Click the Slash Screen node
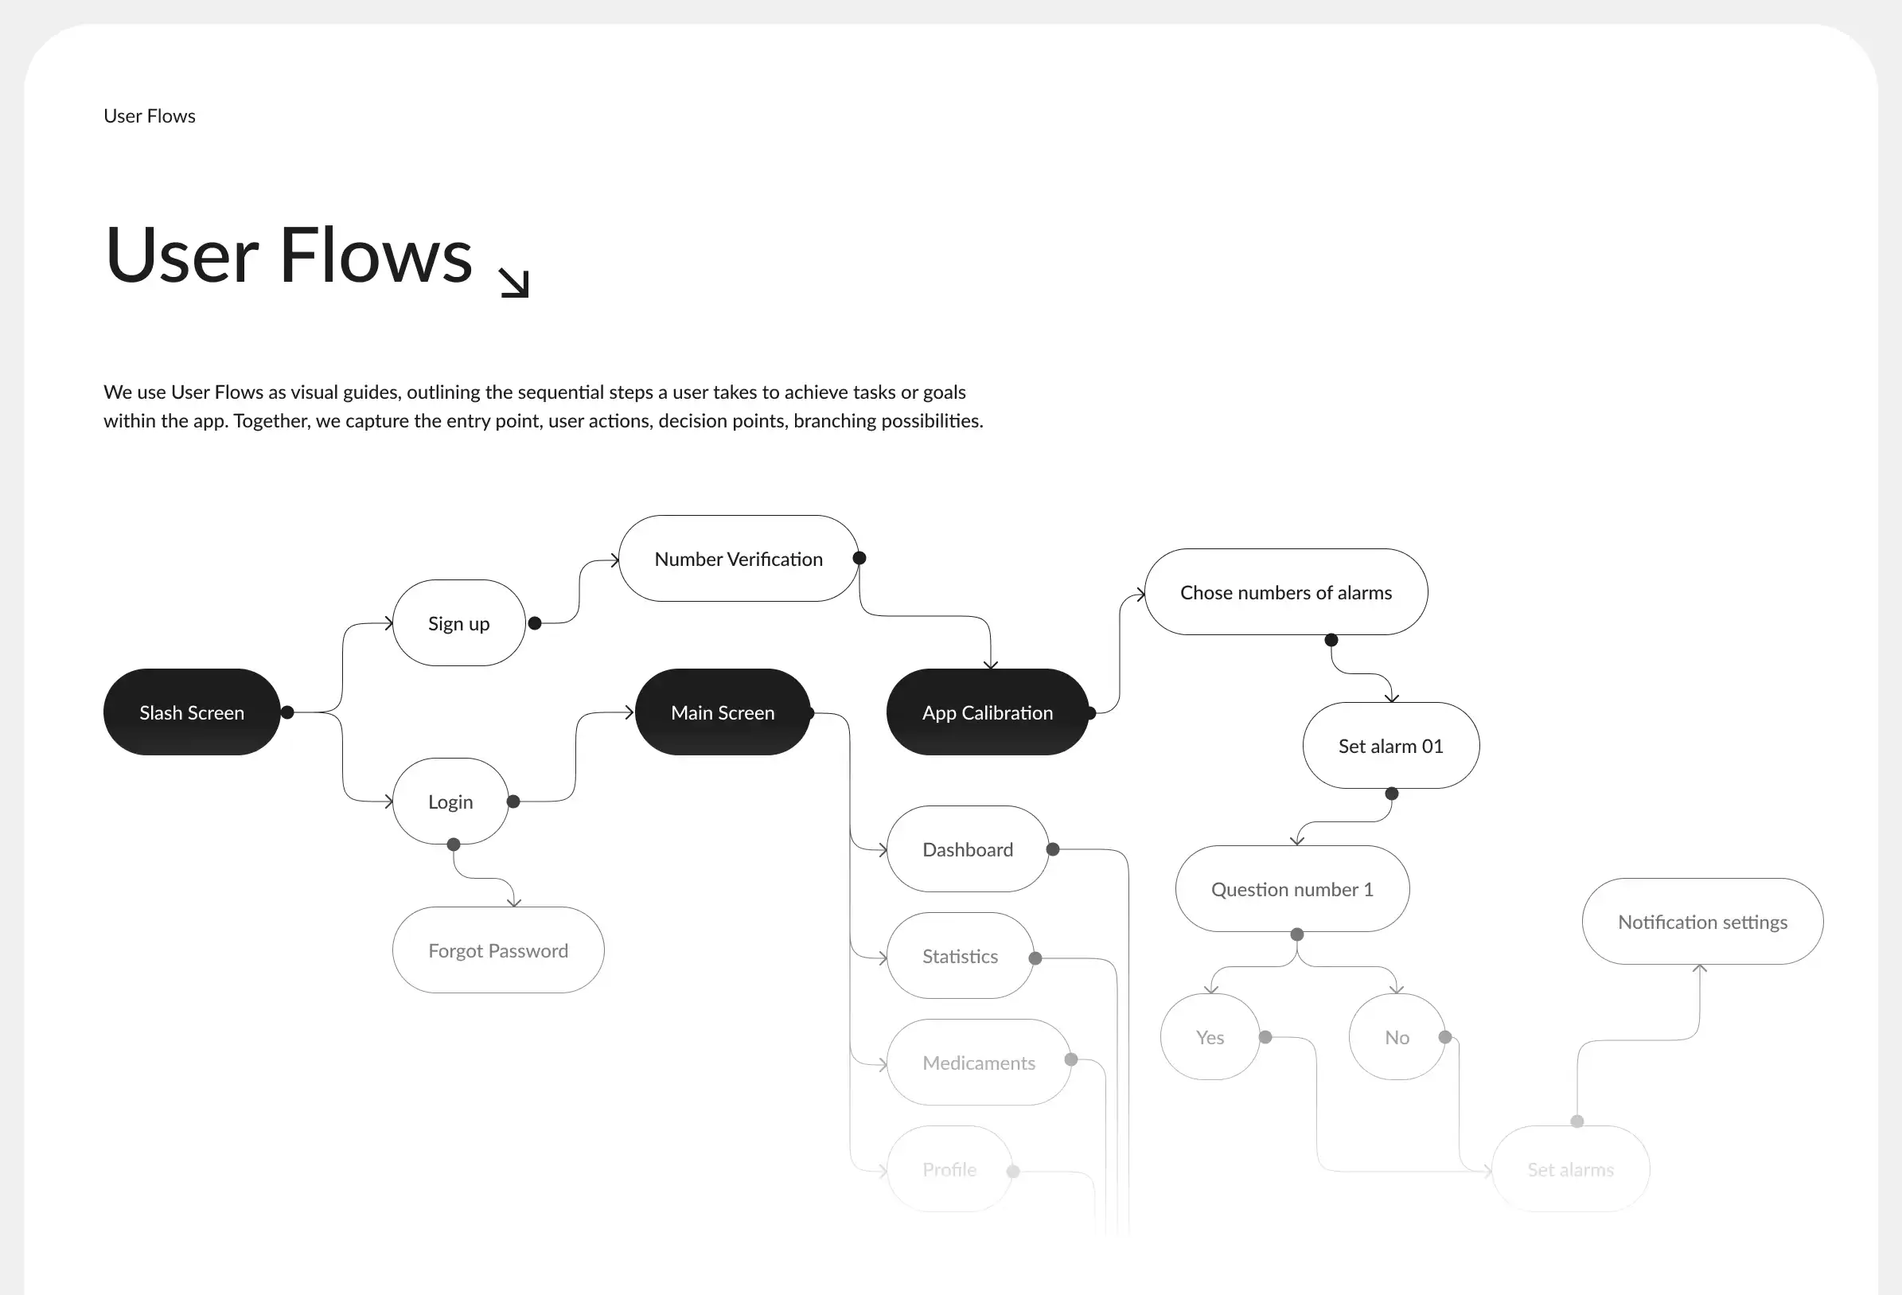tap(192, 712)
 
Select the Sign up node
tap(458, 623)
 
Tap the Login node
tap(450, 802)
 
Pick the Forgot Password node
tap(497, 950)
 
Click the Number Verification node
tap(739, 559)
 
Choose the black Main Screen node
tap(722, 712)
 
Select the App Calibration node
tap(987, 712)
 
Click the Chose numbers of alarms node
tap(1286, 592)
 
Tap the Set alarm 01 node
tap(1390, 746)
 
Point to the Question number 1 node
tap(1292, 889)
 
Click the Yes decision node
tap(1210, 1037)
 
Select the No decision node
tap(1396, 1037)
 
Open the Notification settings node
tap(1702, 922)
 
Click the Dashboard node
tap(968, 850)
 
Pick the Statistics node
tap(960, 956)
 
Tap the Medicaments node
tap(978, 1063)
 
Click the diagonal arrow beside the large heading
tap(515, 283)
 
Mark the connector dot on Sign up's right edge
tap(535, 623)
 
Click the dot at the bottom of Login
tap(454, 844)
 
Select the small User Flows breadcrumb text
tap(149, 116)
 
